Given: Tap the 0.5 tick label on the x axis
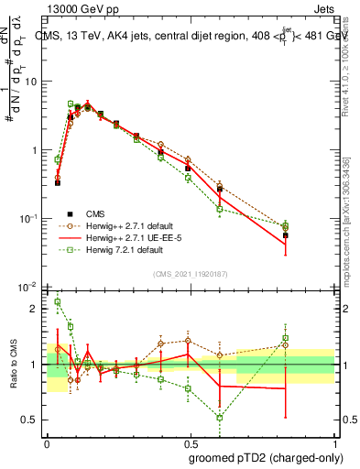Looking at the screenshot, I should tap(191, 442).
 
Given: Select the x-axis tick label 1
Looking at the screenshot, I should tap(333, 442).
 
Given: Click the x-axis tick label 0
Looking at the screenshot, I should tap(48, 442).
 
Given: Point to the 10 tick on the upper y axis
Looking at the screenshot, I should tap(29, 82).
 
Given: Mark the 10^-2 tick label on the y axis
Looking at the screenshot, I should tap(27, 288).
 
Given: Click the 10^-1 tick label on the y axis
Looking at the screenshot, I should tap(27, 219).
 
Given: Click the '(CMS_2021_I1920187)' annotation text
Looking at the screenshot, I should tap(190, 273).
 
